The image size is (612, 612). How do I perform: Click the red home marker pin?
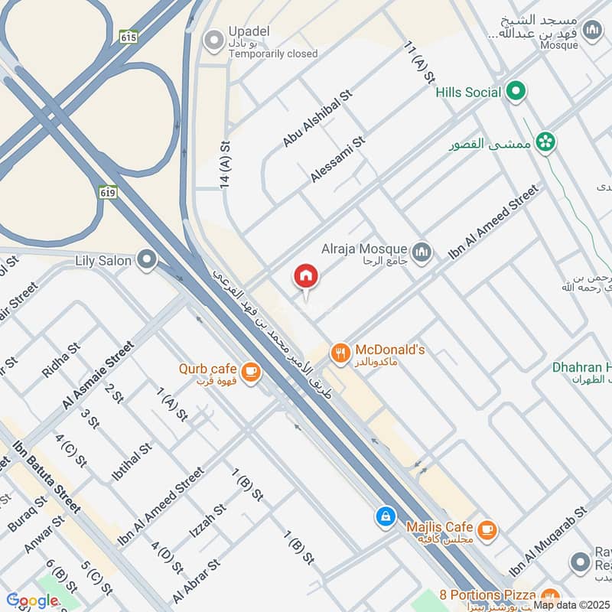point(306,276)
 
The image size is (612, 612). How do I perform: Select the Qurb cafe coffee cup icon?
point(249,372)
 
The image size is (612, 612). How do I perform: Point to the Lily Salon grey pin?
point(147,261)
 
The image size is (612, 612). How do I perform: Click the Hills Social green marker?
point(516,92)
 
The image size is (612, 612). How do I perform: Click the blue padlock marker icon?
point(386,516)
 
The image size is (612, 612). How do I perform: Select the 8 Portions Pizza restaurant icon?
point(548,597)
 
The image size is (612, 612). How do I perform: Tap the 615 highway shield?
point(128,36)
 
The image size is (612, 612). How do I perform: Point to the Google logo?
point(32,601)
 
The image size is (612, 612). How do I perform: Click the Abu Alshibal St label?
point(316,118)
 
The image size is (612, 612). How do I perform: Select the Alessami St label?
point(338,160)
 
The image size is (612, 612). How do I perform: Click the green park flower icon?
point(545,142)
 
